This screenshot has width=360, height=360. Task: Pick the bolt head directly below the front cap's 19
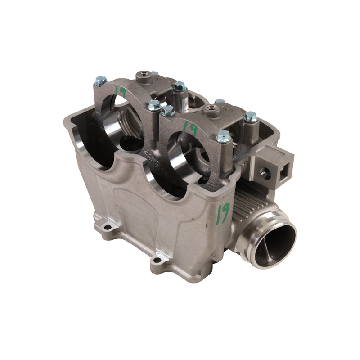click(x=224, y=136)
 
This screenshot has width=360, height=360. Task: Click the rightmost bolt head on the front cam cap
click(x=251, y=117)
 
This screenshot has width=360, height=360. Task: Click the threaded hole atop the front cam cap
click(x=210, y=108)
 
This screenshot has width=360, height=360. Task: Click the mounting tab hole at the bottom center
click(x=157, y=260)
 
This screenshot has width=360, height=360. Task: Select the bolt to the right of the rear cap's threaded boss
click(x=180, y=86)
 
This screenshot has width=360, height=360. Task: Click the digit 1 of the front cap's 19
click(x=185, y=126)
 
